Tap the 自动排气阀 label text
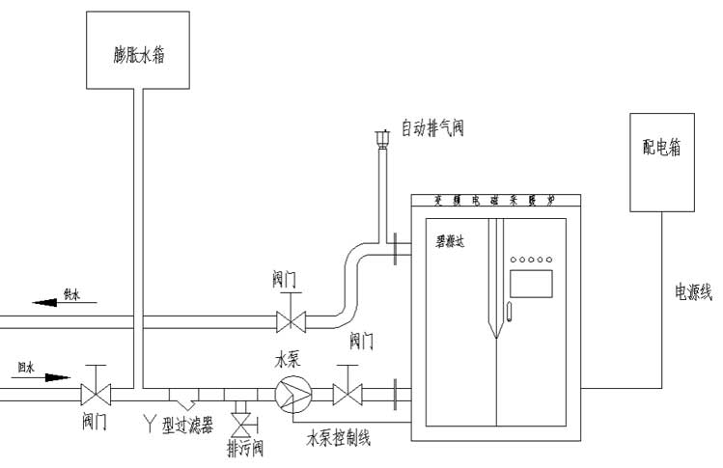pyautogui.click(x=432, y=127)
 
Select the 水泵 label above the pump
pyautogui.click(x=287, y=361)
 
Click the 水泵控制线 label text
pyautogui.click(x=339, y=439)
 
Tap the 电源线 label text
pyautogui.click(x=693, y=291)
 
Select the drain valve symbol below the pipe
pyautogui.click(x=239, y=423)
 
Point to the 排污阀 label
pyautogui.click(x=244, y=449)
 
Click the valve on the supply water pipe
pyautogui.click(x=287, y=319)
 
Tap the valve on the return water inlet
pyautogui.click(x=96, y=393)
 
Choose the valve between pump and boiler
pyautogui.click(x=347, y=394)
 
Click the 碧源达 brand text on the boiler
pyautogui.click(x=449, y=242)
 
